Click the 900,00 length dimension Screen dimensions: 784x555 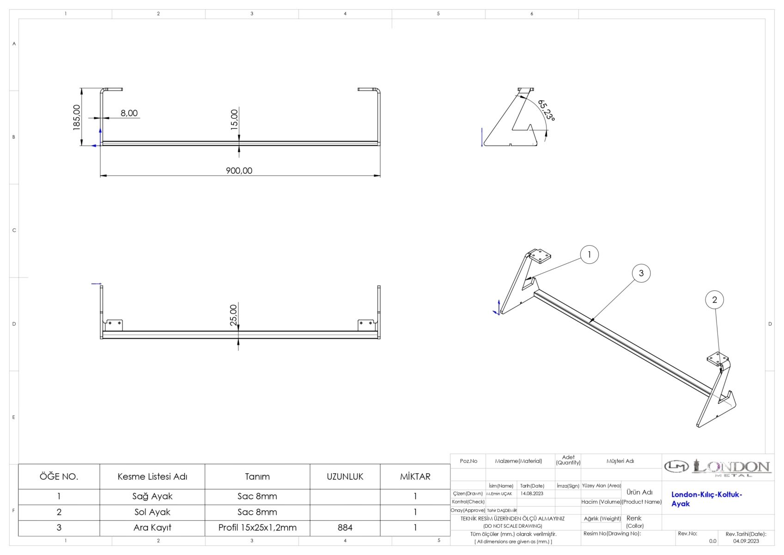[x=239, y=171]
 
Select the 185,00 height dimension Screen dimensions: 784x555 [x=77, y=117]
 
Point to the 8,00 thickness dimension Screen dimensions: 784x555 [x=129, y=113]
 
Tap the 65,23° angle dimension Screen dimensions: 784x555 [x=547, y=111]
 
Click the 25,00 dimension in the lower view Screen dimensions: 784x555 [x=233, y=315]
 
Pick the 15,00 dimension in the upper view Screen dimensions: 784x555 [x=234, y=119]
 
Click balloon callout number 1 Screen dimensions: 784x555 [x=590, y=254]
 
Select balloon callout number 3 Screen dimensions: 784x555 [x=641, y=273]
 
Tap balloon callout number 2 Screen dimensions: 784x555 [x=714, y=300]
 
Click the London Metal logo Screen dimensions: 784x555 [x=717, y=468]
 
